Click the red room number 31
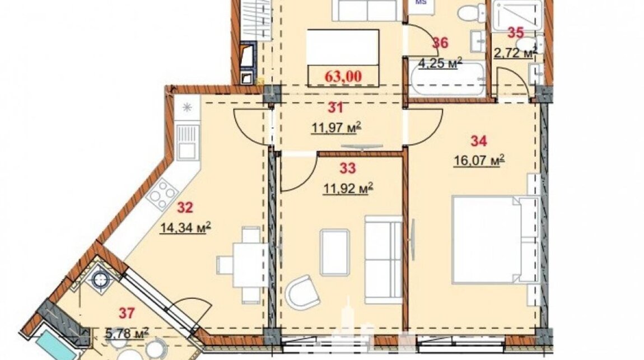pyautogui.click(x=335, y=107)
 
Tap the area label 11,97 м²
pyautogui.click(x=336, y=128)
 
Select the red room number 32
pyautogui.click(x=185, y=207)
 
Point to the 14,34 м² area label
pyautogui.click(x=186, y=227)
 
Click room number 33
pyautogui.click(x=348, y=168)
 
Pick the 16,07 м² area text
pyautogui.click(x=479, y=161)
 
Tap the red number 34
pyautogui.click(x=479, y=141)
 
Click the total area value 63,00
pyautogui.click(x=343, y=76)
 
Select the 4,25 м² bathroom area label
pyautogui.click(x=440, y=63)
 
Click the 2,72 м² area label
pyautogui.click(x=515, y=53)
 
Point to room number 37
pyautogui.click(x=127, y=313)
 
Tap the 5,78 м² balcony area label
pyautogui.click(x=127, y=333)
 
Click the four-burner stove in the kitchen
pyautogui.click(x=162, y=194)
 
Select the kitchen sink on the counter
pyautogui.click(x=187, y=142)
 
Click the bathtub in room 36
pyautogui.click(x=447, y=80)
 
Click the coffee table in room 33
pyautogui.click(x=335, y=252)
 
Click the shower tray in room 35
pyautogui.click(x=517, y=15)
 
